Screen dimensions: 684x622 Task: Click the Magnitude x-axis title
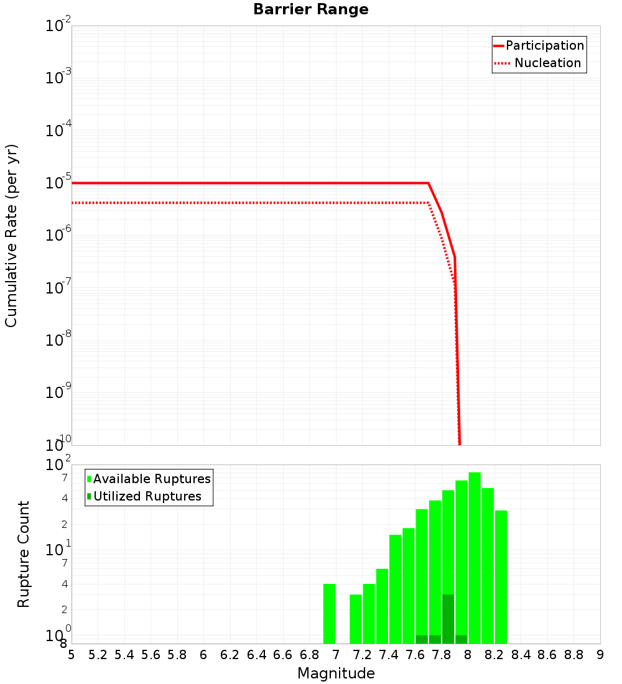336,673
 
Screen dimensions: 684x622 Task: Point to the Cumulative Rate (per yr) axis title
11,235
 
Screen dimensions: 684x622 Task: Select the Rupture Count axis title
24,554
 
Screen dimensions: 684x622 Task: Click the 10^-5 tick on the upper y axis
58,183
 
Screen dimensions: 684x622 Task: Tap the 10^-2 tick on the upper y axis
58,26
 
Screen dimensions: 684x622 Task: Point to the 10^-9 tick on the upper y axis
58,392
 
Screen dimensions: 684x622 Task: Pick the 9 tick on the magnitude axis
600,655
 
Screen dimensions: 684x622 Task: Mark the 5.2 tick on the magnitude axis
98,655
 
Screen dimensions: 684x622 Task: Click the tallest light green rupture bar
475,558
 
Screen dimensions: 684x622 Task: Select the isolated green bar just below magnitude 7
329,614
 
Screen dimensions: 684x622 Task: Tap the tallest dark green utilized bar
448,619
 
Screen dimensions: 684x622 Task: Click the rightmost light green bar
501,577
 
